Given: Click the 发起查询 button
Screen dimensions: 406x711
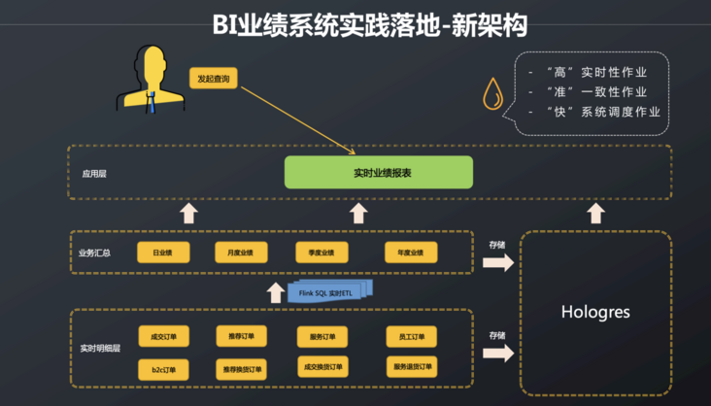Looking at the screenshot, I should [x=214, y=78].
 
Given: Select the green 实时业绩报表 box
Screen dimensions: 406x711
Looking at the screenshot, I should [x=378, y=172].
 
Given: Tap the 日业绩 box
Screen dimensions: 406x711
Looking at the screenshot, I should [x=162, y=253].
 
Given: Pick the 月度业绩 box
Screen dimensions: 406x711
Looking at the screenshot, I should [x=241, y=253].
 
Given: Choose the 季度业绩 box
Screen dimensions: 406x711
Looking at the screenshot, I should [x=322, y=253].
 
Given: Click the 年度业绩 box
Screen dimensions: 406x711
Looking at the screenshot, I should [x=411, y=253].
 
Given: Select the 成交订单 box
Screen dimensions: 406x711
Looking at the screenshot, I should [x=162, y=337].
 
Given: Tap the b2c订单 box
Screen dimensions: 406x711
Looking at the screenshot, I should [x=162, y=369].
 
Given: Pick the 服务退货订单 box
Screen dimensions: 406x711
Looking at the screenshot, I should [x=411, y=368].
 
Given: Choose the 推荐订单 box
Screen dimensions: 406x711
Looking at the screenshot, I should [x=241, y=337].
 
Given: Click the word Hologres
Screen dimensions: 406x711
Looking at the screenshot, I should [x=596, y=313].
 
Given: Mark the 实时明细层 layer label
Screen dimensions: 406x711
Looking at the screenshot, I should [x=100, y=348].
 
